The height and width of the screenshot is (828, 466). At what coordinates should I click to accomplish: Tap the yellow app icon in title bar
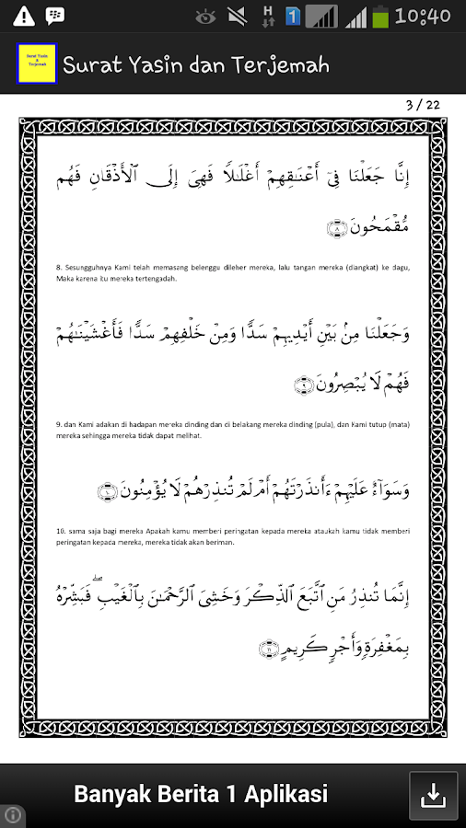click(37, 63)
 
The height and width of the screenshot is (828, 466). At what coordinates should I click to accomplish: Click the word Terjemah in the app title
click(285, 64)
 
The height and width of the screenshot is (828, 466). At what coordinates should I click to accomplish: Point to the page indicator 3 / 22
click(423, 104)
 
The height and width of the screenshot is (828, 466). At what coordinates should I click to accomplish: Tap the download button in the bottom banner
click(433, 795)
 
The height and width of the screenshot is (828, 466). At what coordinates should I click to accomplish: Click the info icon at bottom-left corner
click(13, 815)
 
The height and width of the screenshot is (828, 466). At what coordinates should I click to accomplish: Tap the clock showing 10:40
click(423, 16)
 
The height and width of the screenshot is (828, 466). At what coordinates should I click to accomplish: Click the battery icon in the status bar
click(380, 16)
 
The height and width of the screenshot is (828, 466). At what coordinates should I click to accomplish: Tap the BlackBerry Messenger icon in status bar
click(55, 16)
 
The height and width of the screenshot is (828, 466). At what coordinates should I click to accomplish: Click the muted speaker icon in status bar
click(237, 16)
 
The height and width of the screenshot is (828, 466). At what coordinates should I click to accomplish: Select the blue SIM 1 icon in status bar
click(293, 16)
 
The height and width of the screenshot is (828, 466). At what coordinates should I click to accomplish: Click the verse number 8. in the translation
click(59, 269)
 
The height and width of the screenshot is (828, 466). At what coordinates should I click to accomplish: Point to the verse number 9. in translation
click(59, 425)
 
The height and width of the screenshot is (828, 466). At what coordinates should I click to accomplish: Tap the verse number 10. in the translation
click(61, 532)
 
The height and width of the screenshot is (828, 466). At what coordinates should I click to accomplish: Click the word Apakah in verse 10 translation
click(157, 532)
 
